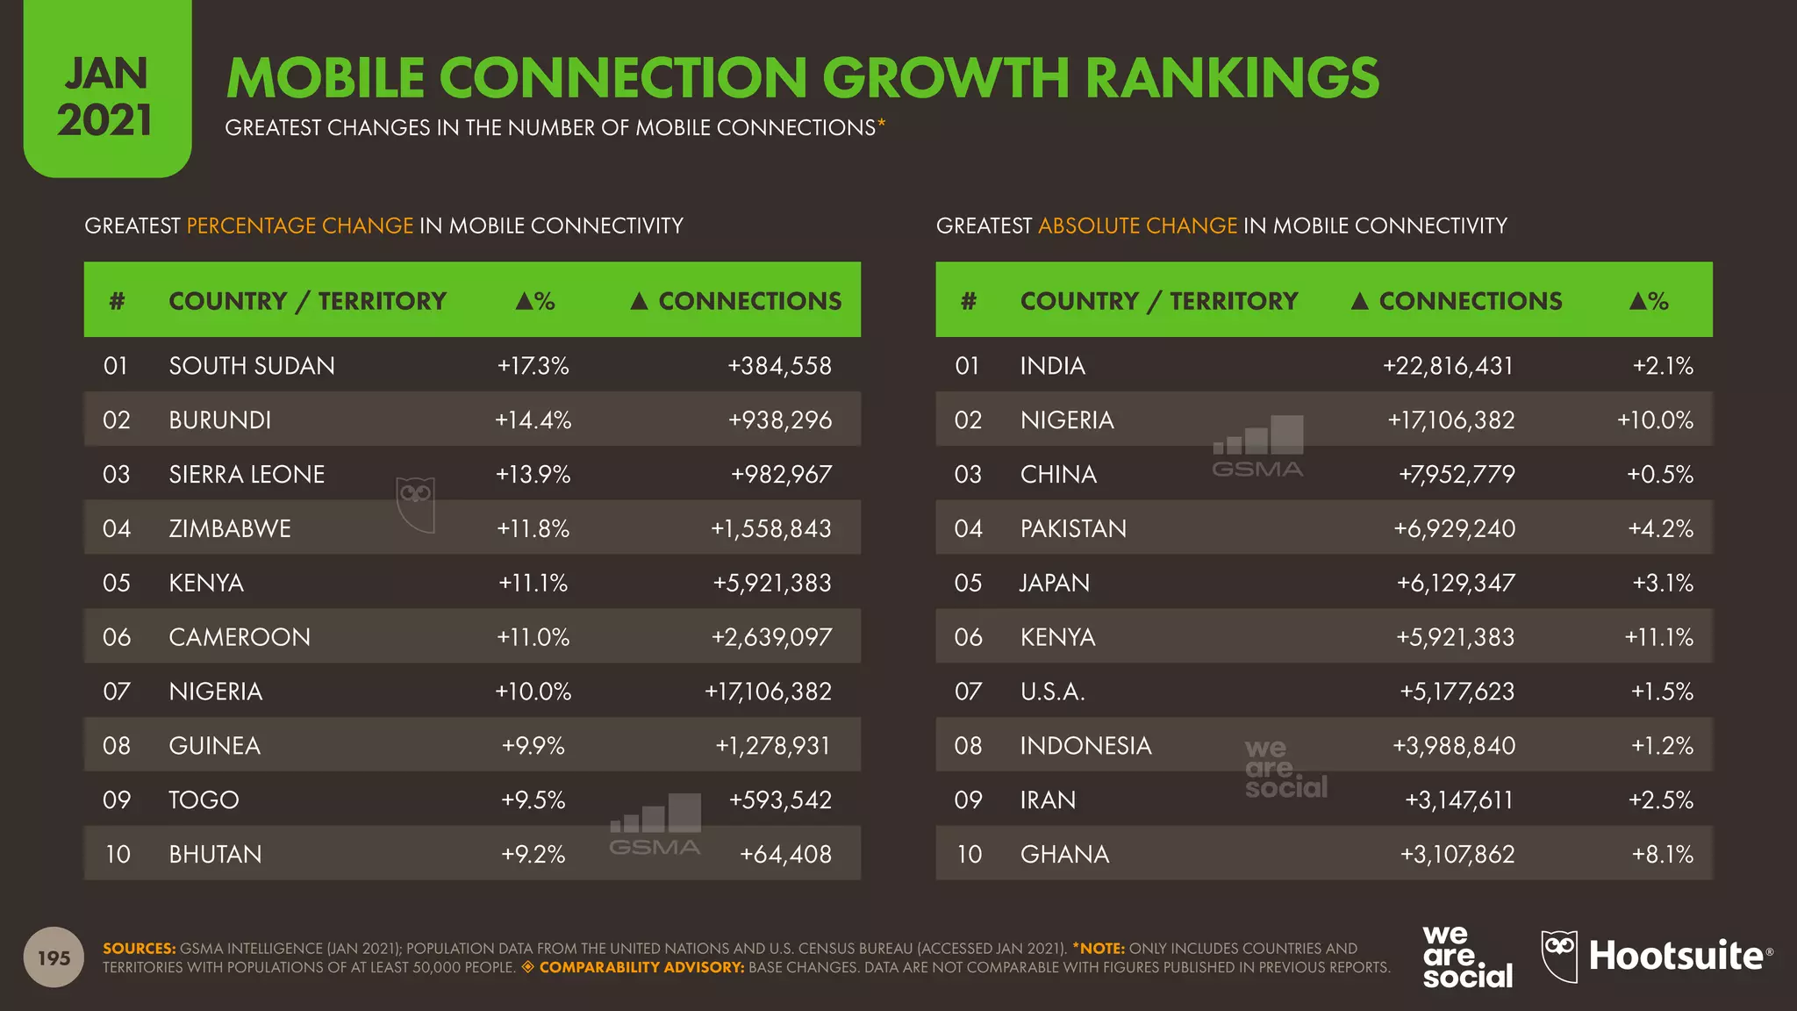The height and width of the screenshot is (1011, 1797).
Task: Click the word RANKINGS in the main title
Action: (1232, 77)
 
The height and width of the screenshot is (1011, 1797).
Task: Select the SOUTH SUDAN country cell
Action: (252, 366)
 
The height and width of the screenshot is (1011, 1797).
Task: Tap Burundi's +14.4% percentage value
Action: (533, 420)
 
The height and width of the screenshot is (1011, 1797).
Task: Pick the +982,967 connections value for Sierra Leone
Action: (781, 475)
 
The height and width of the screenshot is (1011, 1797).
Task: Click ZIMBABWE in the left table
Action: (230, 529)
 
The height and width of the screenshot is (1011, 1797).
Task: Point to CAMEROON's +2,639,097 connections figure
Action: (771, 637)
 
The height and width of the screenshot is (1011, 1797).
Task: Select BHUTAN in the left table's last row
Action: (215, 855)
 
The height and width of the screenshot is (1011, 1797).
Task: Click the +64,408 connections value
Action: (785, 855)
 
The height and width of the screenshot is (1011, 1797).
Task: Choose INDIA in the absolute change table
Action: (1052, 366)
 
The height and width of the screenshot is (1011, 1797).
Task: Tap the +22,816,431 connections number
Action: (1448, 366)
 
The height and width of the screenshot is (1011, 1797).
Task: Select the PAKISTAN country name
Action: (1073, 529)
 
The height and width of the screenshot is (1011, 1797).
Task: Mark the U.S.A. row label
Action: (1052, 692)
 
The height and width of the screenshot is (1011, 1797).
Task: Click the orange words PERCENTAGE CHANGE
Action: (299, 226)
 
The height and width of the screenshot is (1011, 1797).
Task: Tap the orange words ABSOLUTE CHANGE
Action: (1137, 226)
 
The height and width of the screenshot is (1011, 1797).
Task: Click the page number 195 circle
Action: (54, 957)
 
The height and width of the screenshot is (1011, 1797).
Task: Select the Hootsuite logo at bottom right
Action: (1657, 957)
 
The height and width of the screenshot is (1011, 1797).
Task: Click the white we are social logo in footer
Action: (1466, 957)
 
